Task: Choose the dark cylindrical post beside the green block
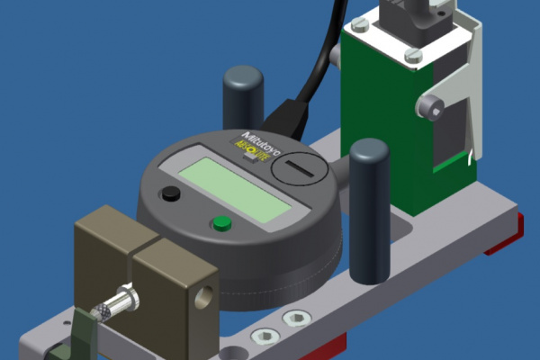(x=369, y=209)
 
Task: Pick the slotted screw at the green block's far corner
(x=358, y=26)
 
